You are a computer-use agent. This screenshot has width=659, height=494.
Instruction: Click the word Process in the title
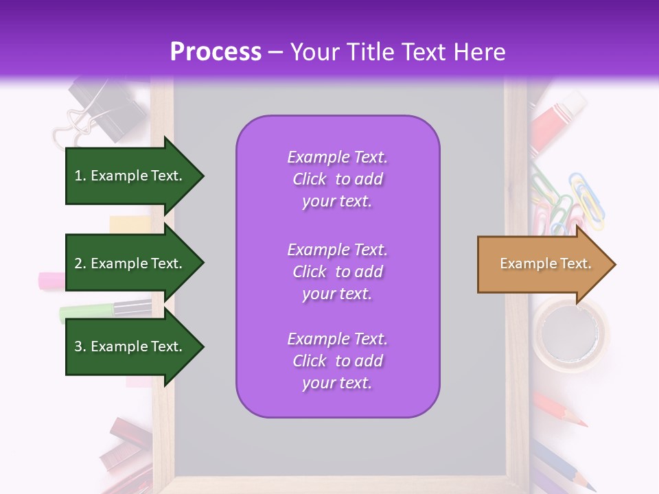(216, 52)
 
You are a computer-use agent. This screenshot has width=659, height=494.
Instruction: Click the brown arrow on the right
(539, 264)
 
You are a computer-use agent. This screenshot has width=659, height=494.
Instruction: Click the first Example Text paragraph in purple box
(337, 179)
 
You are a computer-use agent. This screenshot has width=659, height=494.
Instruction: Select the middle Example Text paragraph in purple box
(337, 272)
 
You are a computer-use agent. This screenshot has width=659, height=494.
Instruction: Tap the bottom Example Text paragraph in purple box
(337, 361)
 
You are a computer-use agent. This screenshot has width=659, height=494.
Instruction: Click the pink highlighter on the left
(51, 280)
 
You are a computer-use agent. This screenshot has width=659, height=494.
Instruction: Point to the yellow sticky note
(130, 224)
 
